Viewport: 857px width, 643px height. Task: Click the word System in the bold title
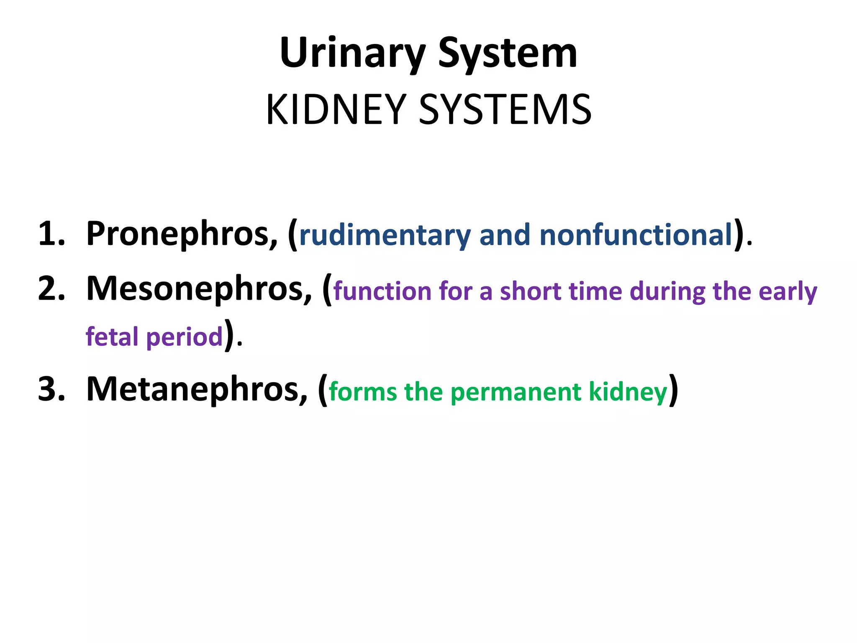pyautogui.click(x=508, y=54)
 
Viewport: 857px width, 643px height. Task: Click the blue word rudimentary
pyautogui.click(x=385, y=235)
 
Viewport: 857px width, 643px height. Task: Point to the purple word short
pyautogui.click(x=530, y=291)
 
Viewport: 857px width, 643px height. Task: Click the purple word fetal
pyautogui.click(x=112, y=337)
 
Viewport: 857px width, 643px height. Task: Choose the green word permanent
pyautogui.click(x=516, y=392)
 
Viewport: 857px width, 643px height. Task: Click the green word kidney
pyautogui.click(x=628, y=392)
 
